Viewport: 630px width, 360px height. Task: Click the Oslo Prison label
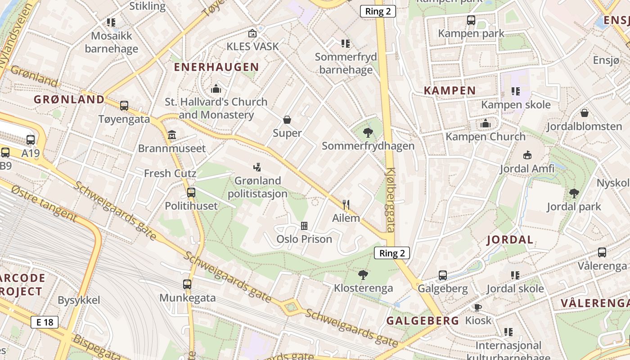pos(304,238)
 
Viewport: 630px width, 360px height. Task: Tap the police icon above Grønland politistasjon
pos(257,167)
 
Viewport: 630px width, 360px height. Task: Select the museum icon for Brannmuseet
pos(171,135)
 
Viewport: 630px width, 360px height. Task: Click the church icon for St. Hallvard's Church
pos(216,89)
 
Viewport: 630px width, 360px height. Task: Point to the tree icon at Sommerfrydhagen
pos(368,132)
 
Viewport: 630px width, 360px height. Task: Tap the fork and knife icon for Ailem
pos(346,205)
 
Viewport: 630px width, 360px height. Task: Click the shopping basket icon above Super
pos(287,120)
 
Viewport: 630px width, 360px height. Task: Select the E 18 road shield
pos(45,322)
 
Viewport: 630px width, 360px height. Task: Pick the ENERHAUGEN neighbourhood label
pos(216,67)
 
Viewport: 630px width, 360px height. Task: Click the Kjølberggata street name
pos(390,200)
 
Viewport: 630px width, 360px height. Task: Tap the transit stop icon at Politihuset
pos(191,193)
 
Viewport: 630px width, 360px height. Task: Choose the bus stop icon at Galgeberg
pos(443,275)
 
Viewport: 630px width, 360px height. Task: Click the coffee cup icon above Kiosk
pos(477,307)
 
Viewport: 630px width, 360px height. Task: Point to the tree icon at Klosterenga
pos(363,274)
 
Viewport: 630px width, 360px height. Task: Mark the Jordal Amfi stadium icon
pos(527,155)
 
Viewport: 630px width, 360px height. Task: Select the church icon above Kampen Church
pos(485,123)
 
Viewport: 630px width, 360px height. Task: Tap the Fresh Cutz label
pos(170,173)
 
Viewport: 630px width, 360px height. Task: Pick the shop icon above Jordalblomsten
pos(584,113)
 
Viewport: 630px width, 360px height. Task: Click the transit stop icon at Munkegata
pos(187,284)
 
